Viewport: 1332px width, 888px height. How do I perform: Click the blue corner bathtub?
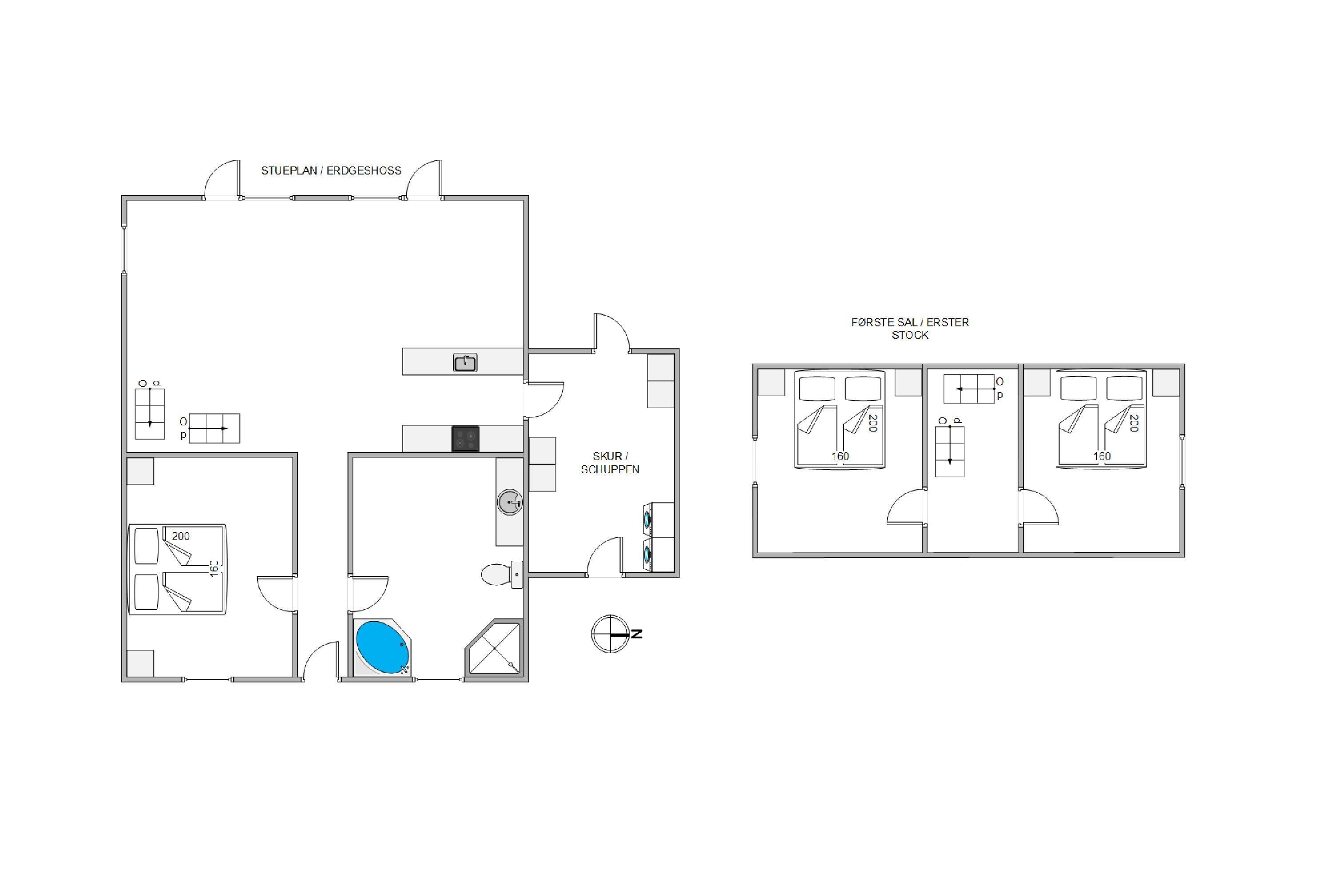(382, 647)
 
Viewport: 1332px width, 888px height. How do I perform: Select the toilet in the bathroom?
(502, 574)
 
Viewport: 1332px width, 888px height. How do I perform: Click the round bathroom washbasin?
(510, 502)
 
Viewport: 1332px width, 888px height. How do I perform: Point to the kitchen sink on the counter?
(465, 362)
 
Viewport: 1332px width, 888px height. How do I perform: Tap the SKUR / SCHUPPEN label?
(610, 463)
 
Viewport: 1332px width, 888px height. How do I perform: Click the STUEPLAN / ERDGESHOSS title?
(331, 170)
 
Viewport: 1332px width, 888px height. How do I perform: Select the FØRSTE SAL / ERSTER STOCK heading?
(910, 329)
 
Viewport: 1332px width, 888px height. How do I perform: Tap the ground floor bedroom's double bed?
(177, 569)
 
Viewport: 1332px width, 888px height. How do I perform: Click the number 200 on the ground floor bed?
(181, 536)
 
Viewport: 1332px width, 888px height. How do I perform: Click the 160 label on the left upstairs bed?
(840, 456)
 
